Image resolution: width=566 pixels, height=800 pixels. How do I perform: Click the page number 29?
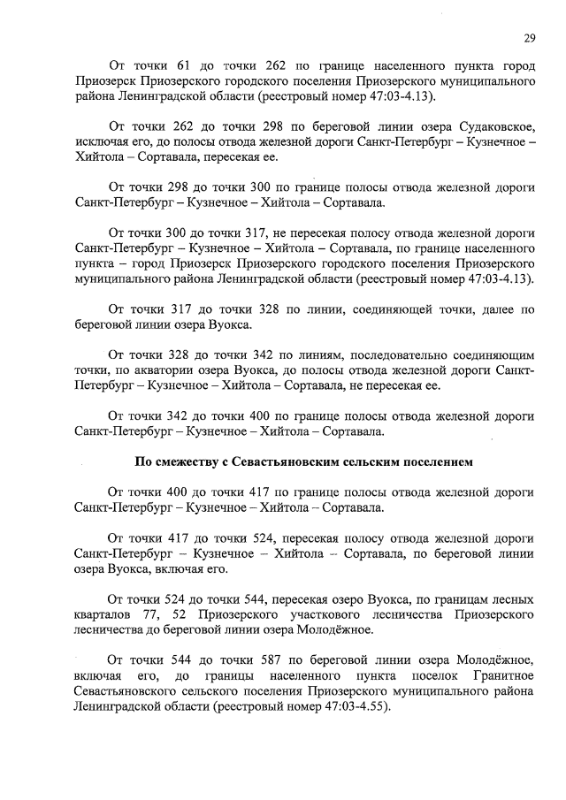(x=528, y=37)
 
